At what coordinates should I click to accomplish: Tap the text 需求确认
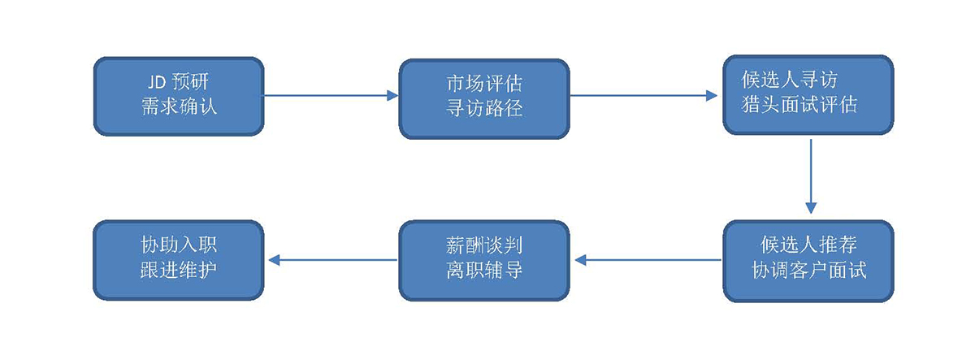[x=179, y=106]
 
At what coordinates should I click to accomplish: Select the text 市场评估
[x=483, y=84]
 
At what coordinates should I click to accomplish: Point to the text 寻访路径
[x=483, y=107]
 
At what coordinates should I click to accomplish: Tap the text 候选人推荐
[x=808, y=245]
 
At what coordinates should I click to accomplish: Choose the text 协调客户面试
[x=808, y=270]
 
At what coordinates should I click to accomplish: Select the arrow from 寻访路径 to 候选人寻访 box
[x=642, y=96]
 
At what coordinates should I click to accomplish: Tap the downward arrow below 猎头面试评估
[x=810, y=175]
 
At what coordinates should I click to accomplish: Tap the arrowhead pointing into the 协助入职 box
[x=274, y=260]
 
